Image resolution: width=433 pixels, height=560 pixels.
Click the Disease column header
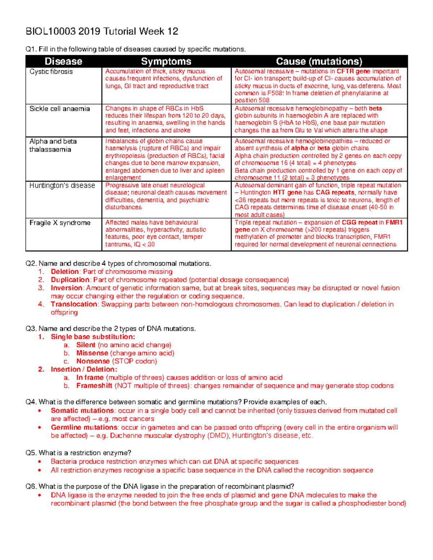click(x=64, y=61)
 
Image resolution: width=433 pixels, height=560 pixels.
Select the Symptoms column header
click(x=166, y=61)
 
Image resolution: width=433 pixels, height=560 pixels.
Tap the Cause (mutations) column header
click(x=319, y=61)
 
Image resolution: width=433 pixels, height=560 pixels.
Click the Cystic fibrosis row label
click(x=51, y=72)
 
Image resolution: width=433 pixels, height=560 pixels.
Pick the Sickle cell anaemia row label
click(x=60, y=109)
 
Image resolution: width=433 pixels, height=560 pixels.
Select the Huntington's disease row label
click(x=62, y=186)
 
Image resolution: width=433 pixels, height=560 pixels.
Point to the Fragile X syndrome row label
click(x=60, y=223)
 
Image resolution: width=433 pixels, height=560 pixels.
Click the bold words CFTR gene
click(x=353, y=71)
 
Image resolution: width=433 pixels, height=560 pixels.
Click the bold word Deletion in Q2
click(x=65, y=272)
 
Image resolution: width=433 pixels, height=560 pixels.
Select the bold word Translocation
click(x=74, y=304)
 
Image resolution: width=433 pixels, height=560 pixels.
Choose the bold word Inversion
click(x=66, y=288)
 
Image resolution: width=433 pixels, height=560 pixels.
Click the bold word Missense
click(x=92, y=353)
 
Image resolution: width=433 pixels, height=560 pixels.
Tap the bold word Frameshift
click(x=94, y=386)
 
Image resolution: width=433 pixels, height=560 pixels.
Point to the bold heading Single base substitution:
click(x=93, y=337)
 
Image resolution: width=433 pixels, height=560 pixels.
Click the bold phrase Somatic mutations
click(x=82, y=411)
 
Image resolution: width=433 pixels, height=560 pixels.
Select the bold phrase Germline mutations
click(x=84, y=428)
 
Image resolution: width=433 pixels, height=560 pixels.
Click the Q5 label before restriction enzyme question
click(x=31, y=453)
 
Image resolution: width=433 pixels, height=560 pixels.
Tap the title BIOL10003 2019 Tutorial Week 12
click(x=102, y=32)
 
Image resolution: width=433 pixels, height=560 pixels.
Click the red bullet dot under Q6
click(x=40, y=495)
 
